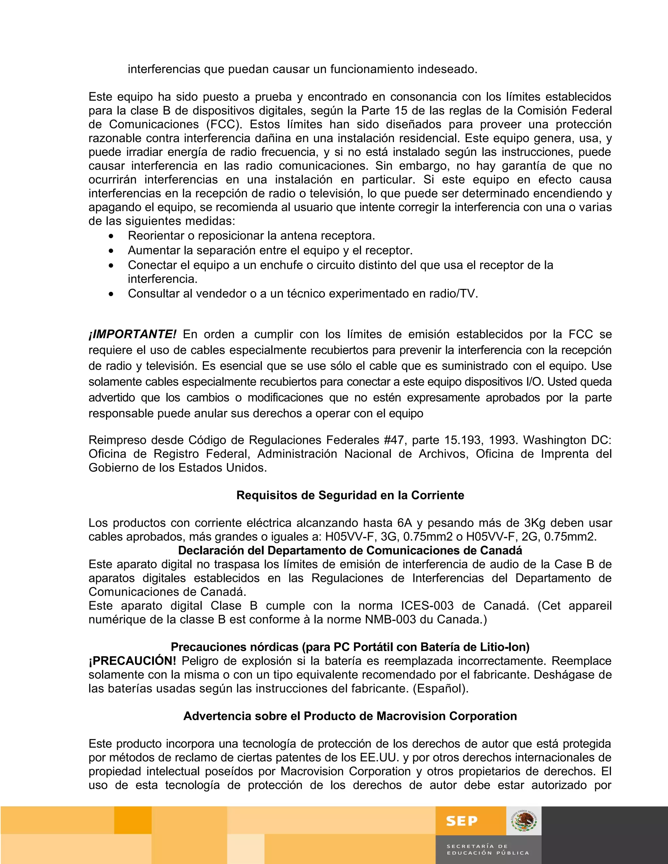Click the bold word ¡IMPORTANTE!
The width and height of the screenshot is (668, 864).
132,334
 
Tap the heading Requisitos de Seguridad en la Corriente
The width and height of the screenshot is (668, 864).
350,495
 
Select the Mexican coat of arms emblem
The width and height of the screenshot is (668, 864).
524,821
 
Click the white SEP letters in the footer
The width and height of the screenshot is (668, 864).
462,821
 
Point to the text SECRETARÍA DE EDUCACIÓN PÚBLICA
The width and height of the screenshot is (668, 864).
488,849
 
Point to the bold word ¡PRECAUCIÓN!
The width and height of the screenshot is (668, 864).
132,661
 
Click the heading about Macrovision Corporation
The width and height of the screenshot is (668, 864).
350,716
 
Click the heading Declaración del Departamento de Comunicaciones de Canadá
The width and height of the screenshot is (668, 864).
350,550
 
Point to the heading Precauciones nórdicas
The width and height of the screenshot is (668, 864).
350,647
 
